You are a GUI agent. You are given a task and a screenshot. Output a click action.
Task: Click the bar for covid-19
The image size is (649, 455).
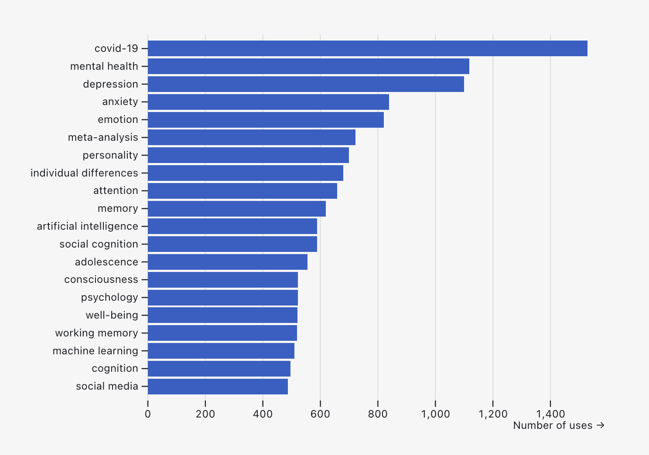[367, 48]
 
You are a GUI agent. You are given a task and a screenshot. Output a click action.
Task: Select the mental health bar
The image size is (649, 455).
[308, 66]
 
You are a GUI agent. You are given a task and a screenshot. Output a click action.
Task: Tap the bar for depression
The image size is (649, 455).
[306, 84]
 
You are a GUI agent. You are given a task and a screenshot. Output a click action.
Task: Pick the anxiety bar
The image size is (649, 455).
[268, 102]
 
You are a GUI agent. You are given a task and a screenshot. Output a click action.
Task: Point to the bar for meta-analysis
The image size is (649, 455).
[252, 137]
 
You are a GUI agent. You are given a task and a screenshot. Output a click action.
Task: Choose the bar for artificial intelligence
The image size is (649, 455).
[232, 226]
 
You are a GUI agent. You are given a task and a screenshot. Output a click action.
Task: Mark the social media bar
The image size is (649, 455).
[218, 387]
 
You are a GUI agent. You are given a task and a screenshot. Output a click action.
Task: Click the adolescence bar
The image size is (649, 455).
[228, 262]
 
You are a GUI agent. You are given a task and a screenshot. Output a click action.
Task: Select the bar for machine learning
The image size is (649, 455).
[221, 351]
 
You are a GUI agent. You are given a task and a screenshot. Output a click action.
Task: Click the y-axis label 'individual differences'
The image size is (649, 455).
[84, 173]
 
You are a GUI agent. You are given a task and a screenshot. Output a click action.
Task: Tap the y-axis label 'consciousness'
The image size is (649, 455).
[101, 279]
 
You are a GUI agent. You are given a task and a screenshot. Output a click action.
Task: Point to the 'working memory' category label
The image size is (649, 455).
[96, 333]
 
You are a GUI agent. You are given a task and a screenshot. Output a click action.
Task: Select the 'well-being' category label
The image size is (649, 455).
[112, 315]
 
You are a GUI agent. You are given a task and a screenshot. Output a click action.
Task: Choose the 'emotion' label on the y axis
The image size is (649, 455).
[118, 119]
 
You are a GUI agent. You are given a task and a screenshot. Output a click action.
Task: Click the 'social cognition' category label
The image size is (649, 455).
[99, 244]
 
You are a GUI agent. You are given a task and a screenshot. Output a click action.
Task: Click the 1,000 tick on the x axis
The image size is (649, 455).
[435, 414]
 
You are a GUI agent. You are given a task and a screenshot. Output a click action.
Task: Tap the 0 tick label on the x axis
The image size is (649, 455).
[148, 414]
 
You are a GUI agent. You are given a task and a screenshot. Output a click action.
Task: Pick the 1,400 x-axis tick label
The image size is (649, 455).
[550, 414]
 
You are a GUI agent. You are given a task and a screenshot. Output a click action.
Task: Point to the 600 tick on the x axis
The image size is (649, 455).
[320, 414]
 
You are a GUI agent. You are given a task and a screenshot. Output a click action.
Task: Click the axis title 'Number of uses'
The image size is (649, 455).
[553, 425]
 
